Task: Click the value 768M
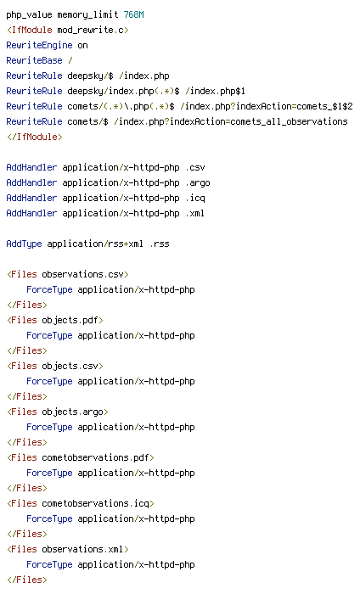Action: coord(134,14)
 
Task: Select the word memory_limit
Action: coord(87,15)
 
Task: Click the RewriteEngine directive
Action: coord(39,46)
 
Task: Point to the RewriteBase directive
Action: coord(34,60)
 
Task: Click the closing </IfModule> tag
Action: coord(35,137)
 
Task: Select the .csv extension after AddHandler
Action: coord(195,167)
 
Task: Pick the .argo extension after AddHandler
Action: coord(198,183)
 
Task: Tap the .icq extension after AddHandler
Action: coord(195,198)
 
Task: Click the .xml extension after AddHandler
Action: coord(195,213)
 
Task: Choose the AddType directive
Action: coord(24,244)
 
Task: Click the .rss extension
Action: coord(160,244)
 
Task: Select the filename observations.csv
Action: coord(83,274)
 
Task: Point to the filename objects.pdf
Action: coord(70,321)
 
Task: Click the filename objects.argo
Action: coord(72,412)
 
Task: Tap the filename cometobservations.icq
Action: coord(95,503)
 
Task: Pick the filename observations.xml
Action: coord(82,549)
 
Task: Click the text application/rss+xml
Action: coord(95,244)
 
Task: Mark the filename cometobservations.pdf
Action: coord(95,457)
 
